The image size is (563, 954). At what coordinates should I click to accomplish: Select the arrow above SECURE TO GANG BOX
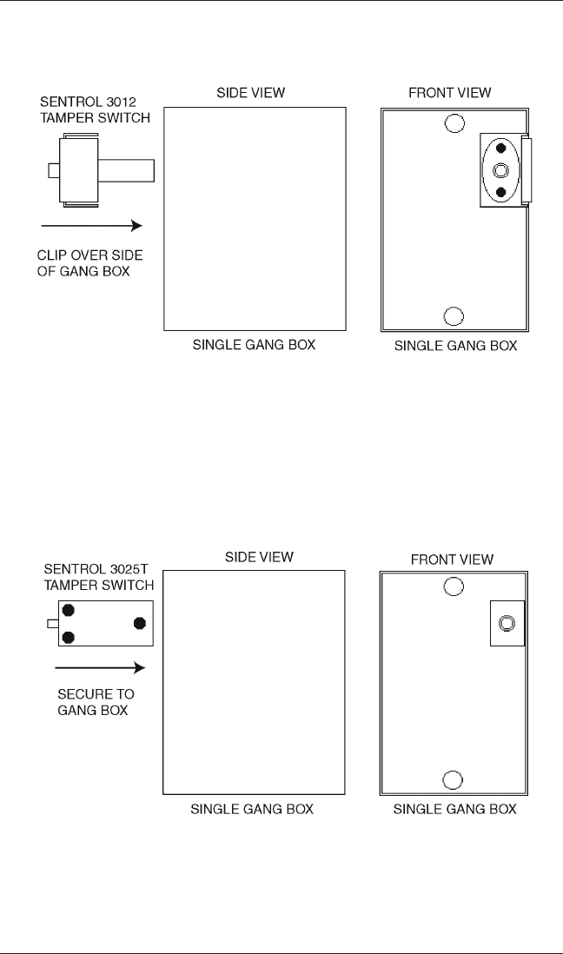pos(98,667)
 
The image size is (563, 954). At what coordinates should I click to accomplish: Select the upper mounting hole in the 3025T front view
pos(453,588)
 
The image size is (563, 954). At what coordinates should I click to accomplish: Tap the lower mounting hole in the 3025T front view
pos(453,779)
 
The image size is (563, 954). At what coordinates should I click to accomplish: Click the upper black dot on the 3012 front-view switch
pos(500,149)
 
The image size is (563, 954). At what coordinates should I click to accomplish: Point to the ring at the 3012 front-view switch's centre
pos(500,169)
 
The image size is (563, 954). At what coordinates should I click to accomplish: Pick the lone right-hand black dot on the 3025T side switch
pos(138,622)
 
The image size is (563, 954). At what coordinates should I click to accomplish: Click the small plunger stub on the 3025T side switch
pos(52,622)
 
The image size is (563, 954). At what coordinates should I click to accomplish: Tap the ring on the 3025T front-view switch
pos(507,623)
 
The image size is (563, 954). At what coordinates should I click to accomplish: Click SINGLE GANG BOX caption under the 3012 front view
pos(455,346)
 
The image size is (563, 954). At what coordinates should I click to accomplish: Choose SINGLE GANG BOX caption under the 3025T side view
pos(252,810)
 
